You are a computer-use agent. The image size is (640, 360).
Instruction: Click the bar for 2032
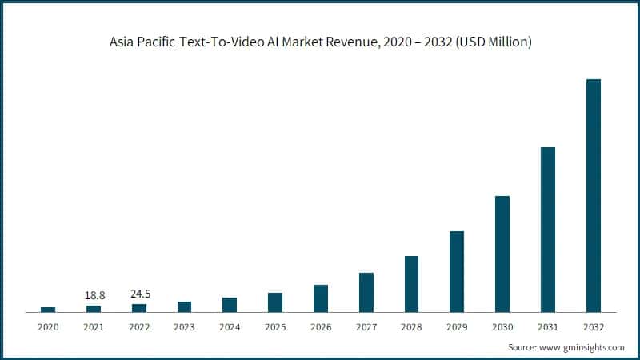point(593,195)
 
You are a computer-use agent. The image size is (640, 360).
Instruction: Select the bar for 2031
point(548,230)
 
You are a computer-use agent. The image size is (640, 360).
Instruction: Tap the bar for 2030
point(502,254)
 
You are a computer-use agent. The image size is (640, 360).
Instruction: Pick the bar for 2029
point(457,271)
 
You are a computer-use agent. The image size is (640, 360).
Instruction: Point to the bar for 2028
point(411,284)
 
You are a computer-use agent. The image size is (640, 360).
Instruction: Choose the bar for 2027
point(366,292)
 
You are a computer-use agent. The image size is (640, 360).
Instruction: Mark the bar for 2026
point(321,298)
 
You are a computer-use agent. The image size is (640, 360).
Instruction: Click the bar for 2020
point(48,309)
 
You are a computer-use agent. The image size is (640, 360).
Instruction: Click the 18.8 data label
point(94,295)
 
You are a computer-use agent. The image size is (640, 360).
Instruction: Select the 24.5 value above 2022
point(140,294)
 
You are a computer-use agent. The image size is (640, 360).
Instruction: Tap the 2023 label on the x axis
point(185,327)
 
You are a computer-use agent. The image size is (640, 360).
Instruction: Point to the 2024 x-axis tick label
point(230,327)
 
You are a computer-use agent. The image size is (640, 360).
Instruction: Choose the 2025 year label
point(275,327)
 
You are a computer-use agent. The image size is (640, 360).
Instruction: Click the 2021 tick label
point(94,327)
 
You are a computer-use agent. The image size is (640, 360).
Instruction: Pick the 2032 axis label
point(593,327)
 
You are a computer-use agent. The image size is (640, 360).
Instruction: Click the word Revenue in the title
point(362,42)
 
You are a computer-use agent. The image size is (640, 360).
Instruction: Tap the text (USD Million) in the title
point(492,42)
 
